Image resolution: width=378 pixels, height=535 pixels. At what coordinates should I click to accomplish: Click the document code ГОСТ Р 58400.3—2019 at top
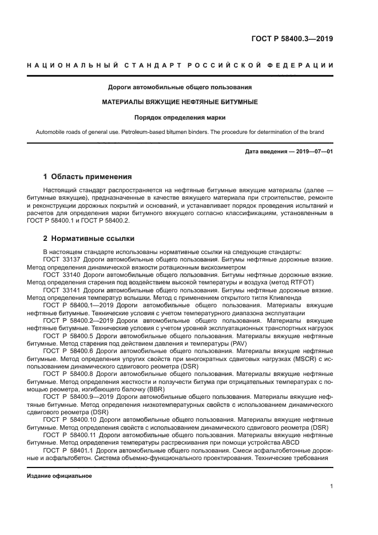(x=292, y=39)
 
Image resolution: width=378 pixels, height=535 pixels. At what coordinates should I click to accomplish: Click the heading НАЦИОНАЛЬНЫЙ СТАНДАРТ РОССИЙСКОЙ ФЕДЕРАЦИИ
(x=180, y=66)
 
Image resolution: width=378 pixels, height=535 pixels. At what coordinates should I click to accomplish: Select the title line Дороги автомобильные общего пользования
(x=180, y=88)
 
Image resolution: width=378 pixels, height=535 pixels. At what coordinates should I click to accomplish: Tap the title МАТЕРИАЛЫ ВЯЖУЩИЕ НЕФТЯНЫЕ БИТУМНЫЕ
(x=180, y=102)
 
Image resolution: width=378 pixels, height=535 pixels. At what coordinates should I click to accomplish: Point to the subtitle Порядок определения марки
(x=180, y=117)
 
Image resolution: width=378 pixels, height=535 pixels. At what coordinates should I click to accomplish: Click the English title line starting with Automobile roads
(x=180, y=132)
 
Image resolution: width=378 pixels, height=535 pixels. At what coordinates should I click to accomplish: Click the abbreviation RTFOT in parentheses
(x=301, y=282)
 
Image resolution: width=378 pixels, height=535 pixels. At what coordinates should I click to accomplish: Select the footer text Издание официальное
(x=59, y=476)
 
